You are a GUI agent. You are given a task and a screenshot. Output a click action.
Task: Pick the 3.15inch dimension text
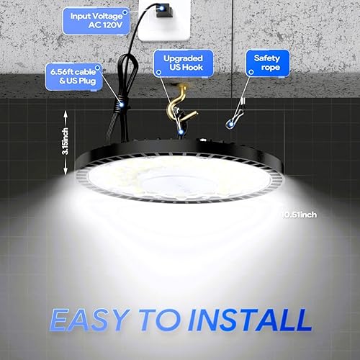[66, 141]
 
